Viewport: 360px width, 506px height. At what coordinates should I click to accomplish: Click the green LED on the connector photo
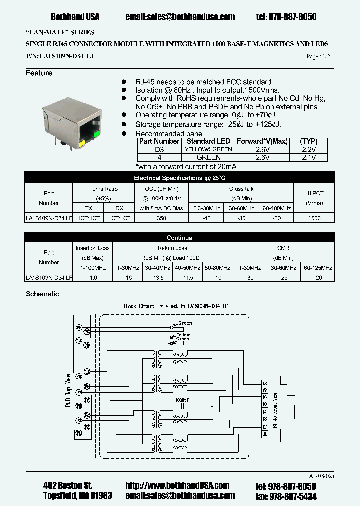pyautogui.click(x=96, y=133)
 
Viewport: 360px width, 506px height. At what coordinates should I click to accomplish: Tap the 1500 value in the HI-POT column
pyautogui.click(x=315, y=218)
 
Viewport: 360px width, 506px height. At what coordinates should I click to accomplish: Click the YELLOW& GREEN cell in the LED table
pyautogui.click(x=208, y=149)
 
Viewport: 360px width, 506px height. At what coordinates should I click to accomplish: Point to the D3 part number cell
pyautogui.click(x=159, y=149)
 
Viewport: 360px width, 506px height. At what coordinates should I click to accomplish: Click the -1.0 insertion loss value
pyautogui.click(x=93, y=277)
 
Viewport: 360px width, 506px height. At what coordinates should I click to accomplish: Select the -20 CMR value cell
pyautogui.click(x=318, y=277)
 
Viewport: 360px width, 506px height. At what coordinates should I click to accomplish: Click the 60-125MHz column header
pyautogui.click(x=318, y=268)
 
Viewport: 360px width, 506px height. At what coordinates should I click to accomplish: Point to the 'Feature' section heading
pyautogui.click(x=39, y=73)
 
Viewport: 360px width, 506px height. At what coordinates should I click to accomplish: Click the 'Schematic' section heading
pyautogui.click(x=42, y=294)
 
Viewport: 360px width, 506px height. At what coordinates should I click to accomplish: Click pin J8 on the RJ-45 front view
pyautogui.click(x=265, y=384)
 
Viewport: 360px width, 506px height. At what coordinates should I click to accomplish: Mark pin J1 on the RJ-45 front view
pyautogui.click(x=265, y=434)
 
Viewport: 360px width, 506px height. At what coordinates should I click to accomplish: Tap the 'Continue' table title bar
pyautogui.click(x=179, y=238)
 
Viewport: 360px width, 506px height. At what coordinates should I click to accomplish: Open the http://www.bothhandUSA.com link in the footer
pyautogui.click(x=177, y=485)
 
